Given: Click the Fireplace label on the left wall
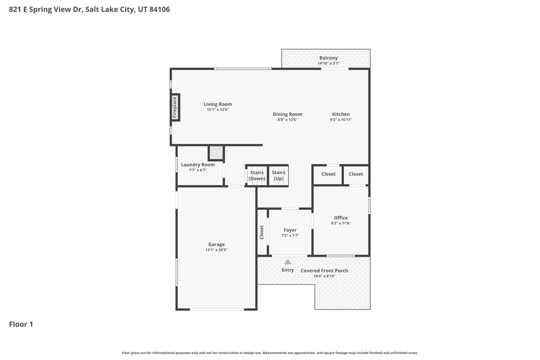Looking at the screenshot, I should (175, 108).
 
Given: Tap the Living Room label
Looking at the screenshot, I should (218, 104).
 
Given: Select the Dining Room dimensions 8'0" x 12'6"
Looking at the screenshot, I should (287, 120).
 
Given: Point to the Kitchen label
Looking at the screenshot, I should (341, 114).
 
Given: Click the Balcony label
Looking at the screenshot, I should (329, 58).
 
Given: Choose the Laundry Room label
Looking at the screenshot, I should (198, 164).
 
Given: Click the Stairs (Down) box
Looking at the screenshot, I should (257, 176).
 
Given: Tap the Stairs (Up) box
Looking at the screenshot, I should (278, 176).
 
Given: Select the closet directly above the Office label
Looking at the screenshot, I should (329, 174).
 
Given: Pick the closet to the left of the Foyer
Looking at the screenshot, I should (262, 232).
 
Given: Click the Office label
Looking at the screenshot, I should (341, 218).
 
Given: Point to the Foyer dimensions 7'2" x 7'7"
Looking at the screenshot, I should (290, 236).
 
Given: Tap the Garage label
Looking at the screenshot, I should (216, 245).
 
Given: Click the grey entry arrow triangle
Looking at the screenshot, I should (287, 261).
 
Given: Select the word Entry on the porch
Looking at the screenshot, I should (287, 270).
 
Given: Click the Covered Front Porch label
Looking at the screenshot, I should (324, 271).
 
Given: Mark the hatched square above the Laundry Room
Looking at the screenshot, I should (216, 153).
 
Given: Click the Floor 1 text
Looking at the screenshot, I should (21, 324).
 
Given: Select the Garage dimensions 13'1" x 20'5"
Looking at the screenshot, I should (216, 250).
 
